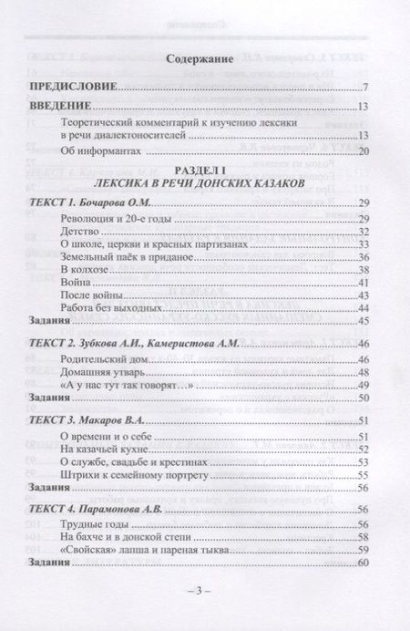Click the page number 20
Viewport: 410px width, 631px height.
[x=362, y=150]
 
